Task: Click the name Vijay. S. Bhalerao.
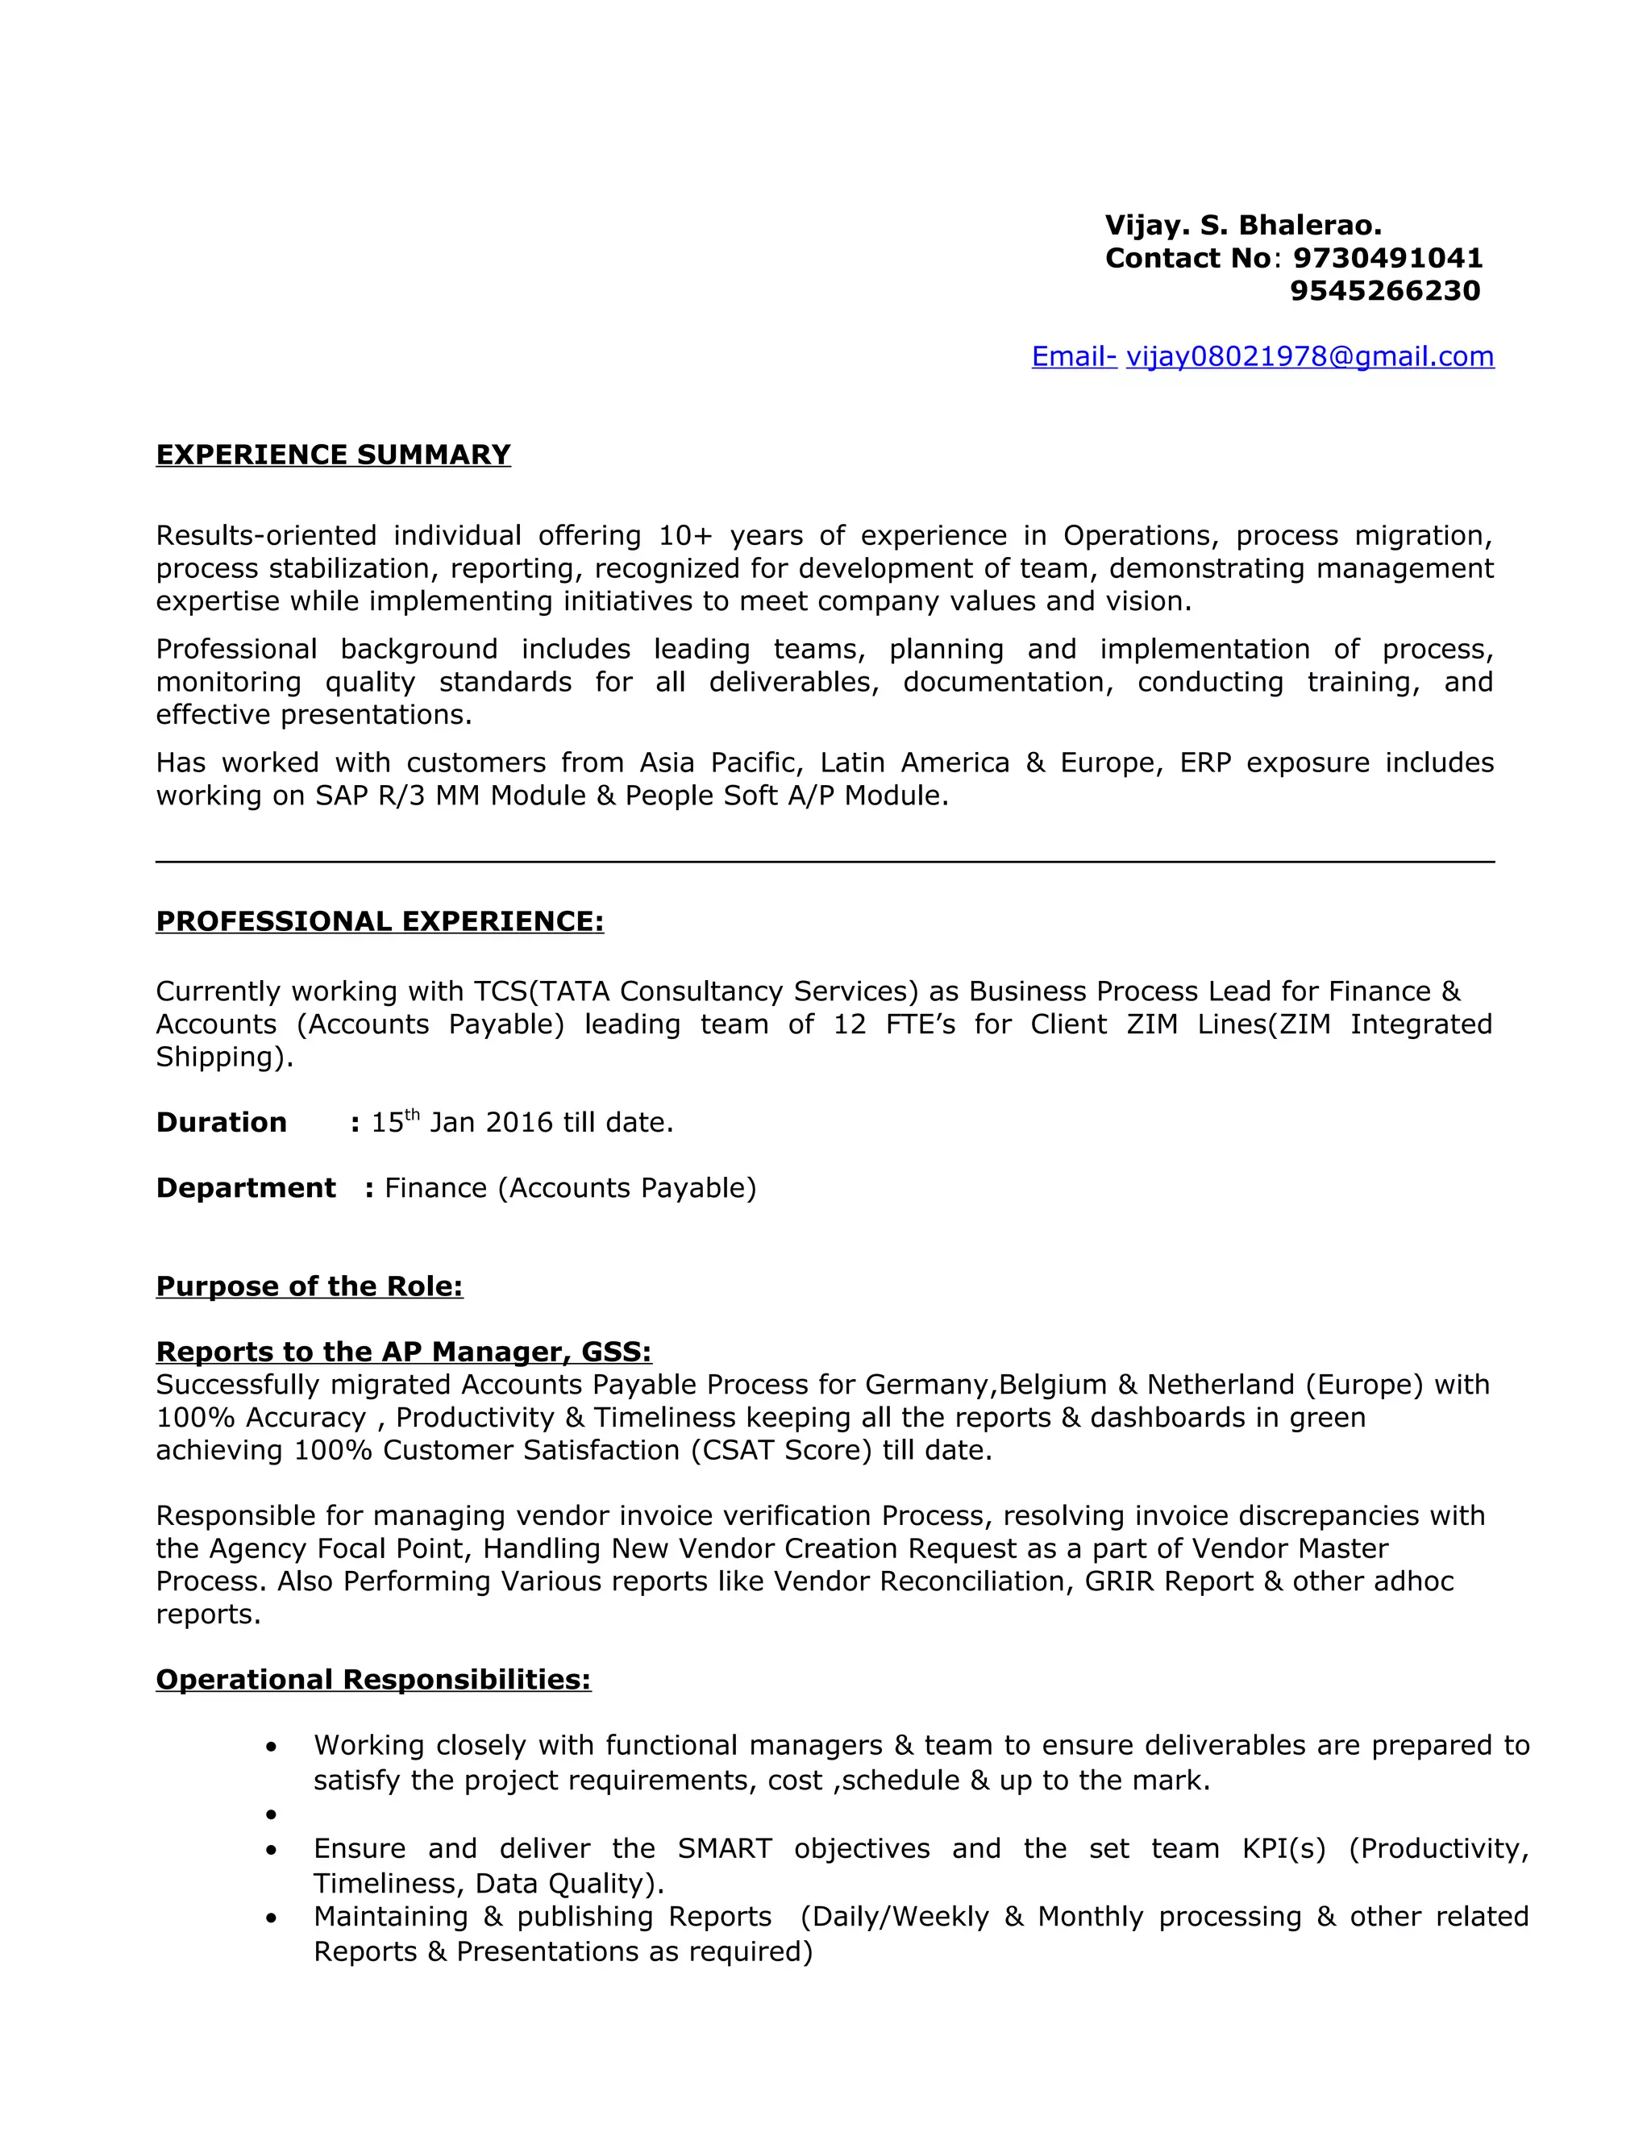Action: [1242, 226]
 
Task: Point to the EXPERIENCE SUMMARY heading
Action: [334, 455]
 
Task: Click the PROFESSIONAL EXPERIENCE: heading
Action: [380, 921]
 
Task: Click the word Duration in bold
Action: [221, 1123]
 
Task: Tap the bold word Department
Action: [246, 1188]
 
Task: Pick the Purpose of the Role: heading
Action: [309, 1286]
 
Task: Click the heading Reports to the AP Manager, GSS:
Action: [403, 1352]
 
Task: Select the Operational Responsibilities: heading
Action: [372, 1679]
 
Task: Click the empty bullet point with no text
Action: [271, 1815]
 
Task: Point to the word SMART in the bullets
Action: [725, 1848]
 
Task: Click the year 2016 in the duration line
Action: [518, 1123]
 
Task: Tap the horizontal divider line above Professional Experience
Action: [825, 862]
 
